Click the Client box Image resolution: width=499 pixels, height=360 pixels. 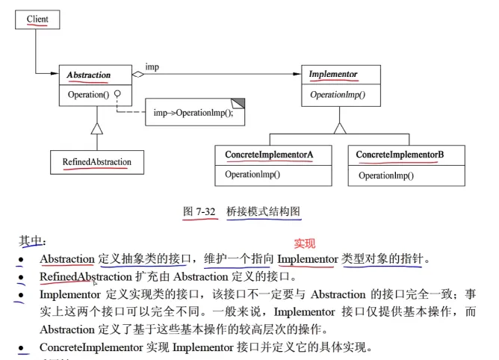(x=37, y=19)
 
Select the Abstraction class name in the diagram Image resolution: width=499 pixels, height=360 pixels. (x=89, y=75)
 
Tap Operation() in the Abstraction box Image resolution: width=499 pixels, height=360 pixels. (x=88, y=95)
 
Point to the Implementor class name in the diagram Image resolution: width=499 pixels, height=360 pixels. (x=333, y=75)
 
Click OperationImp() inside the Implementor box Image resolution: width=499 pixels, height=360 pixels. (x=337, y=95)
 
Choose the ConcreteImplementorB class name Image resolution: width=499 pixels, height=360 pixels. (x=400, y=155)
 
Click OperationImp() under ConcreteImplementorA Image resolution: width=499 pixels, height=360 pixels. (x=252, y=175)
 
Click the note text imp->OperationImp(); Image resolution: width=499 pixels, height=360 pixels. (x=193, y=114)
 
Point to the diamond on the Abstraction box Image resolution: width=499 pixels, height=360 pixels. (x=137, y=75)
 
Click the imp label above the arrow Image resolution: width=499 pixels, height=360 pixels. (x=152, y=67)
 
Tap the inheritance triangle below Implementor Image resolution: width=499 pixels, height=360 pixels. (x=340, y=127)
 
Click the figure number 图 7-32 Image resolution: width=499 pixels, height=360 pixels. (x=199, y=212)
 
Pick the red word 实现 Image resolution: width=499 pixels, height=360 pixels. (x=305, y=243)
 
